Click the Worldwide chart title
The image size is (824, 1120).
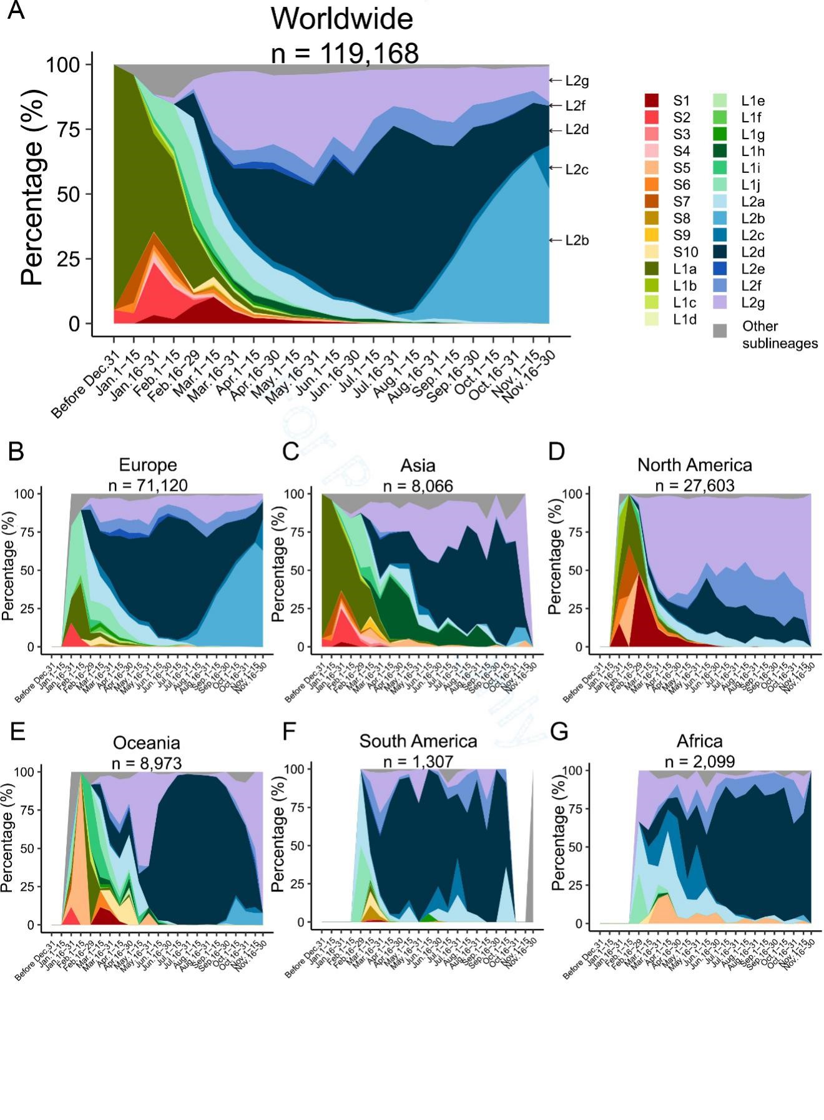pyautogui.click(x=341, y=19)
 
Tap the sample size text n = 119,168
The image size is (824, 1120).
pyautogui.click(x=345, y=53)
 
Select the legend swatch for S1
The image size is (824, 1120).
pyautogui.click(x=652, y=101)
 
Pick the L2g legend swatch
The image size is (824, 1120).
pyautogui.click(x=720, y=302)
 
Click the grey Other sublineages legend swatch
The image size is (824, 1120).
pyautogui.click(x=720, y=331)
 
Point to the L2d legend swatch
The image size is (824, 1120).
pyautogui.click(x=720, y=252)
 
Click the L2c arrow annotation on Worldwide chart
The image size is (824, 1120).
pyautogui.click(x=569, y=169)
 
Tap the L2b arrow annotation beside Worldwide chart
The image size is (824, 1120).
pyautogui.click(x=569, y=240)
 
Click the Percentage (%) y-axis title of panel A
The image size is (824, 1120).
pyautogui.click(x=32, y=187)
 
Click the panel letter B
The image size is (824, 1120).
pyautogui.click(x=16, y=451)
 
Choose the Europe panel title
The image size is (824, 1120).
pyautogui.click(x=148, y=465)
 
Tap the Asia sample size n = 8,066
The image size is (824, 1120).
pyautogui.click(x=418, y=486)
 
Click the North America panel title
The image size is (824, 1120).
pyautogui.click(x=694, y=465)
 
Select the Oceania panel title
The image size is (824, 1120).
pyautogui.click(x=146, y=743)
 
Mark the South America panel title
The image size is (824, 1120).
pyautogui.click(x=418, y=741)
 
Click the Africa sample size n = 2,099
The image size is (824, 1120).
pyautogui.click(x=699, y=762)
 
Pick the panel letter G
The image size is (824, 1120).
pyautogui.click(x=559, y=731)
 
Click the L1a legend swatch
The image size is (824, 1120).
pyautogui.click(x=652, y=268)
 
